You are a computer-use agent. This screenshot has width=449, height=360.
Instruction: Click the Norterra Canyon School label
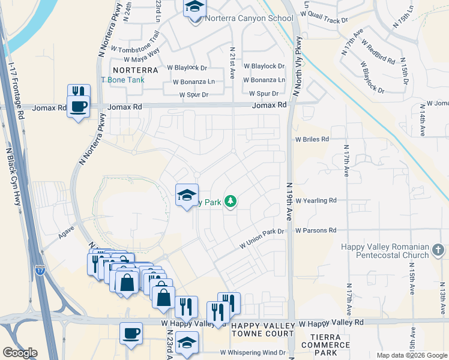[249, 18]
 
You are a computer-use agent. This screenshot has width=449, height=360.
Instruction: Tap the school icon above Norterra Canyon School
[194, 7]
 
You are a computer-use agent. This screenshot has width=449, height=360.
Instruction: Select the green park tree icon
[231, 202]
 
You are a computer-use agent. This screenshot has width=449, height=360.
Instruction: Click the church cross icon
[438, 248]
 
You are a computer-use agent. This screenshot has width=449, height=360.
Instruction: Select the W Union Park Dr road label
[261, 238]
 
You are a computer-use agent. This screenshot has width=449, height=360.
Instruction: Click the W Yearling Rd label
[324, 200]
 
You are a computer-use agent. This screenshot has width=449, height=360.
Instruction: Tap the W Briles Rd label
[312, 139]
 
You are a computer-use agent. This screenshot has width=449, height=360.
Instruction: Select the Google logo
[20, 353]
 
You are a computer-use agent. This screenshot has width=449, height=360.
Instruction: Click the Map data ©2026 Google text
[411, 355]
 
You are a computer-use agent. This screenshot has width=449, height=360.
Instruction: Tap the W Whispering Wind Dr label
[252, 353]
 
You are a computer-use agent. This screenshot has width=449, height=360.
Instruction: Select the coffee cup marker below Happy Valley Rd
[131, 333]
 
